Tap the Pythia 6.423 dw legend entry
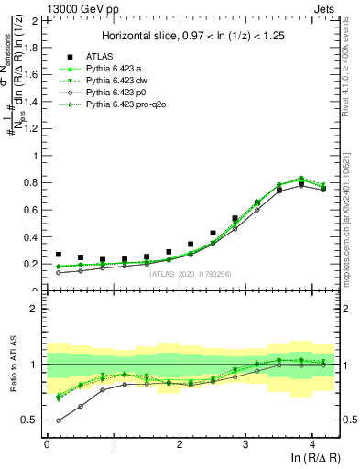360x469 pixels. click(x=119, y=81)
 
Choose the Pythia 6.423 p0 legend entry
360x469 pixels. click(x=119, y=93)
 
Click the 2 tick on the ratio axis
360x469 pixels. click(x=35, y=309)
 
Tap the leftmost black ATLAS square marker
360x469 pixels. click(x=59, y=255)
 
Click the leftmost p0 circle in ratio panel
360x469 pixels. click(x=59, y=420)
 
